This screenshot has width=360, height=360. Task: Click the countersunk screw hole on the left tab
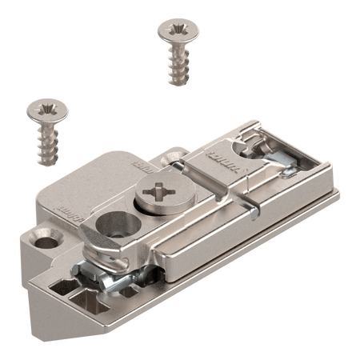pos(46,237)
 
